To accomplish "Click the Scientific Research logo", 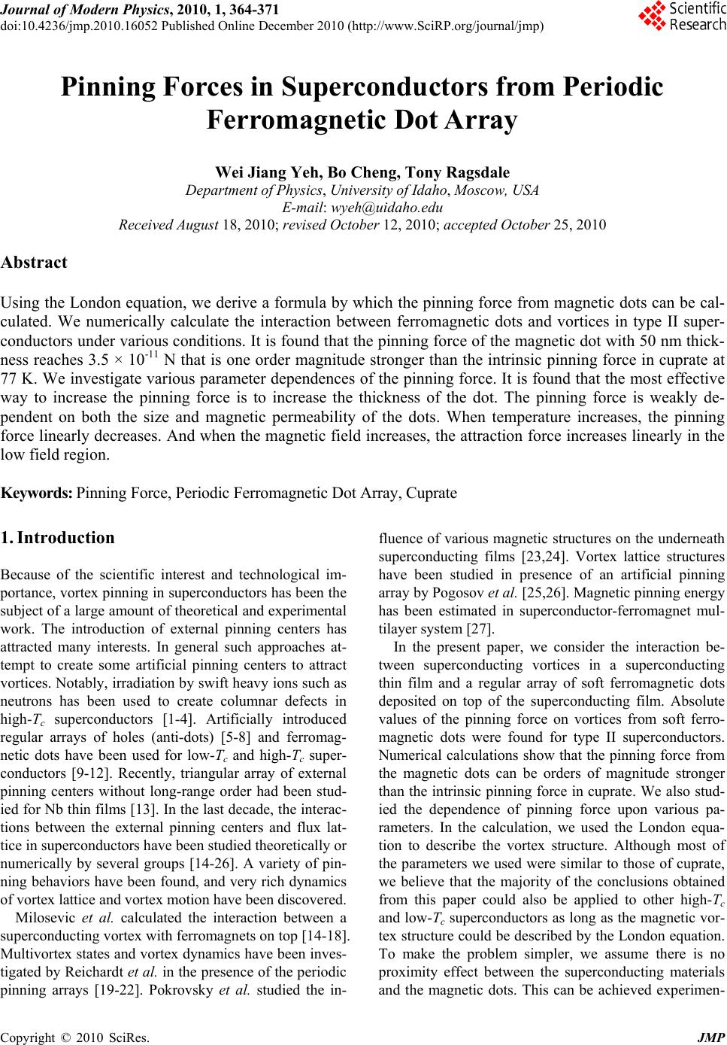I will tap(681, 17).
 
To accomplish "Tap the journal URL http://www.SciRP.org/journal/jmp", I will tap(446, 25).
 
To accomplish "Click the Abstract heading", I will tap(35, 263).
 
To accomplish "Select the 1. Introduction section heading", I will tap(58, 538).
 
